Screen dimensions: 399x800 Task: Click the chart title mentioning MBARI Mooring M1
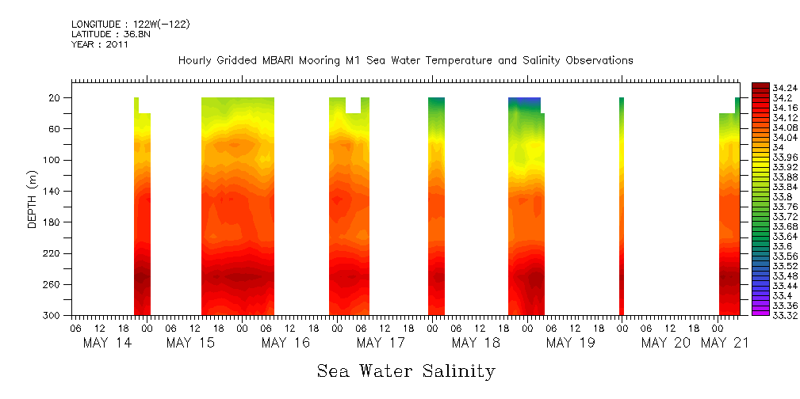tap(405, 60)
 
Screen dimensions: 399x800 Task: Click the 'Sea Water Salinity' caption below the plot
tap(406, 370)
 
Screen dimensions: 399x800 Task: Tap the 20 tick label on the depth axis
tap(56, 98)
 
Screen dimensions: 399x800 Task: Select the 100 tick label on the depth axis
tap(53, 160)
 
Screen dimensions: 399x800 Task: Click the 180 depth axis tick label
tap(53, 222)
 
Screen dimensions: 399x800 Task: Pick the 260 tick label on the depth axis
tap(53, 284)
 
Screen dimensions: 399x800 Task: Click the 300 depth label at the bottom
tap(53, 316)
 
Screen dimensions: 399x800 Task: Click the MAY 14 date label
tap(107, 343)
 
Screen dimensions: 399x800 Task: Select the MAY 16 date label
tap(285, 343)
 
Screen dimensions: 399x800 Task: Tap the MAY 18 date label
tap(476, 343)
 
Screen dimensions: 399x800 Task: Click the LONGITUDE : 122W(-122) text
tap(130, 25)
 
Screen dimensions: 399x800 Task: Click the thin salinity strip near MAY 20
tap(622, 206)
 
